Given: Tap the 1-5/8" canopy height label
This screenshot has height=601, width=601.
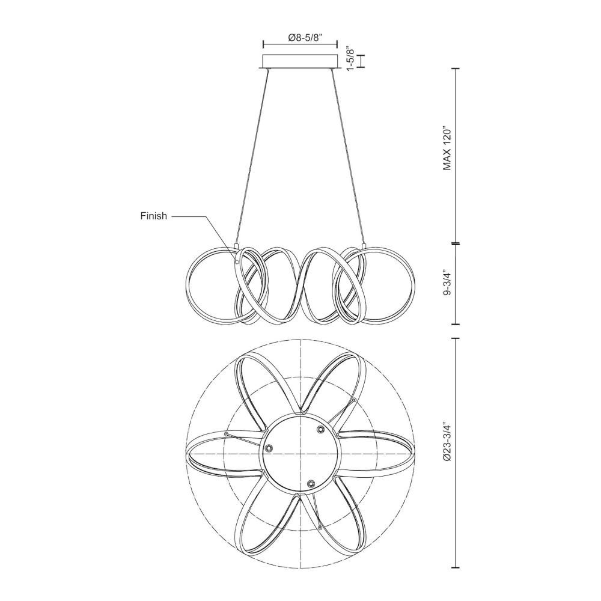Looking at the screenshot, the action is click(350, 59).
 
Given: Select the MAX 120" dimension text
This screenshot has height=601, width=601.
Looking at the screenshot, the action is click(448, 148).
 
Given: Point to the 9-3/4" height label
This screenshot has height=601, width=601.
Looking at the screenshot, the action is click(448, 283).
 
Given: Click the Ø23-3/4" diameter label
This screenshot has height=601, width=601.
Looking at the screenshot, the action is click(448, 452).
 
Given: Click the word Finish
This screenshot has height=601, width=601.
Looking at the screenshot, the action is click(154, 216).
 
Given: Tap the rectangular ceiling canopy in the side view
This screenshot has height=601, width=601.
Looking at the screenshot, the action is click(300, 62).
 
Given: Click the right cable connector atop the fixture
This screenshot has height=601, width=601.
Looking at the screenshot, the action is click(364, 245).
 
